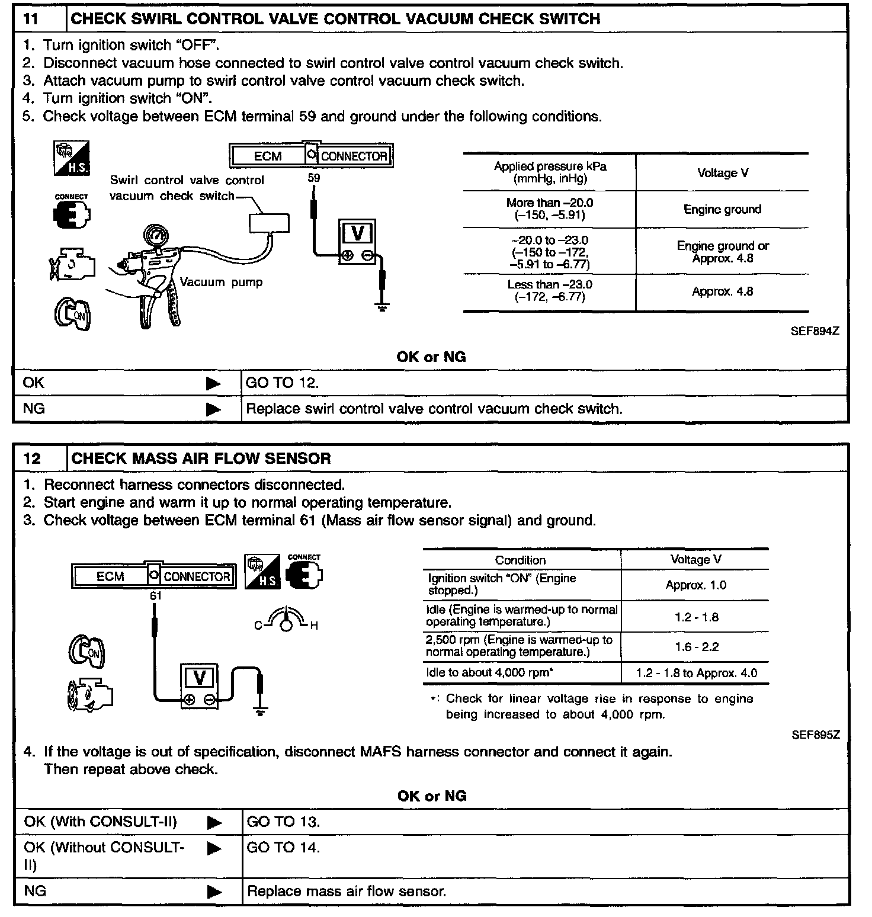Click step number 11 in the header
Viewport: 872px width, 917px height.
click(x=31, y=19)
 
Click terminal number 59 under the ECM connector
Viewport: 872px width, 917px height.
click(x=314, y=177)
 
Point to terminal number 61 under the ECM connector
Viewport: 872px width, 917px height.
click(x=156, y=596)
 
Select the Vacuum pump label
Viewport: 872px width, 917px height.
click(x=221, y=282)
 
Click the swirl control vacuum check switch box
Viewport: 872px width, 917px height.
click(x=269, y=222)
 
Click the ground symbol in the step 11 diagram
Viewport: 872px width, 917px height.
click(x=382, y=306)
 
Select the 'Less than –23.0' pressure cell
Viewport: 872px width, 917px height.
click(x=550, y=291)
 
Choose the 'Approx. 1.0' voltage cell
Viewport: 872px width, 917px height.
click(x=695, y=585)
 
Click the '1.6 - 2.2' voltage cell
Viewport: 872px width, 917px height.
click(x=696, y=647)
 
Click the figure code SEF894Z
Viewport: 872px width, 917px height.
click(x=815, y=331)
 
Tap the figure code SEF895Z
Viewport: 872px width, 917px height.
click(x=815, y=735)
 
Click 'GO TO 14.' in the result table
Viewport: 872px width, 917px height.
click(x=283, y=848)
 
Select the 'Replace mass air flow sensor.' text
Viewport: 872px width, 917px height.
click(x=347, y=891)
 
